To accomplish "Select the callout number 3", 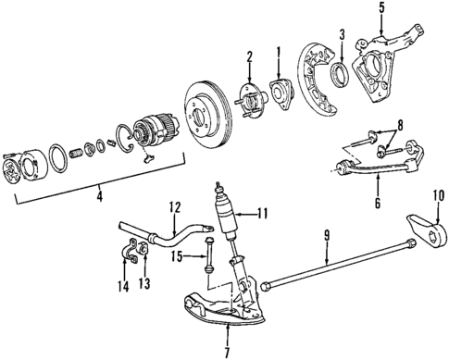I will click(x=342, y=36).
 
